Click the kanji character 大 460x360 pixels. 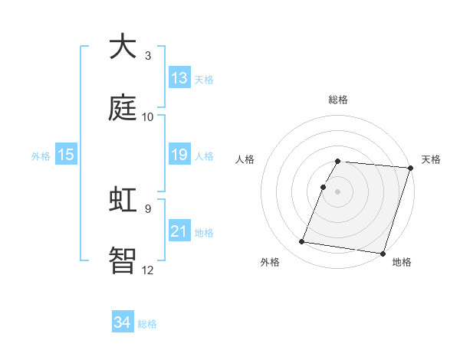click(123, 47)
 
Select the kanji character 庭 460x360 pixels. click(123, 108)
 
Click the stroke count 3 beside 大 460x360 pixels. click(148, 56)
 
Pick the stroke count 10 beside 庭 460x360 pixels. click(148, 117)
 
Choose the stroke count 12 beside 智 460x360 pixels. click(148, 270)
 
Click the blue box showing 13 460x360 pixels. click(179, 78)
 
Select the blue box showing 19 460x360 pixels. click(179, 155)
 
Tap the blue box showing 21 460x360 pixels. click(179, 231)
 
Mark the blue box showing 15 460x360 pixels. click(66, 155)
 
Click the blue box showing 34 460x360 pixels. click(123, 322)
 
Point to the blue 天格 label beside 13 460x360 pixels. click(204, 80)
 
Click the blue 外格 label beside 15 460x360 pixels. click(41, 156)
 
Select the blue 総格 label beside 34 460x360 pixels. click(147, 324)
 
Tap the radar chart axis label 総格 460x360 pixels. click(338, 100)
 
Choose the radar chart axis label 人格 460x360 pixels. click(245, 159)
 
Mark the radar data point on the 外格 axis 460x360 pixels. click(302, 242)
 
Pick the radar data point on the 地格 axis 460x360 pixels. click(382, 253)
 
